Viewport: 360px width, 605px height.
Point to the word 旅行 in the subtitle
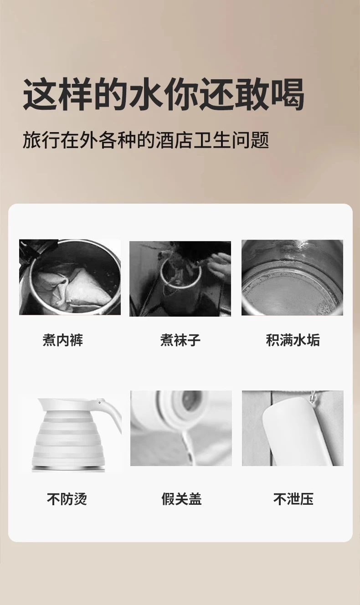point(41,140)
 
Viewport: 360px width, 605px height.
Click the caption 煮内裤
point(62,340)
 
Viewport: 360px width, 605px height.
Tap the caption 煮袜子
point(180,340)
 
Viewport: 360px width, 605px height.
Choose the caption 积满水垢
point(293,340)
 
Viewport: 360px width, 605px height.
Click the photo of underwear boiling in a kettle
point(70,277)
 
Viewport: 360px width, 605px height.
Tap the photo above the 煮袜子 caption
point(180,279)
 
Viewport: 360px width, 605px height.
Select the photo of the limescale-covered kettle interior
point(292,277)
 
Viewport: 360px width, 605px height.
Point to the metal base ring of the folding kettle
point(67,469)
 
